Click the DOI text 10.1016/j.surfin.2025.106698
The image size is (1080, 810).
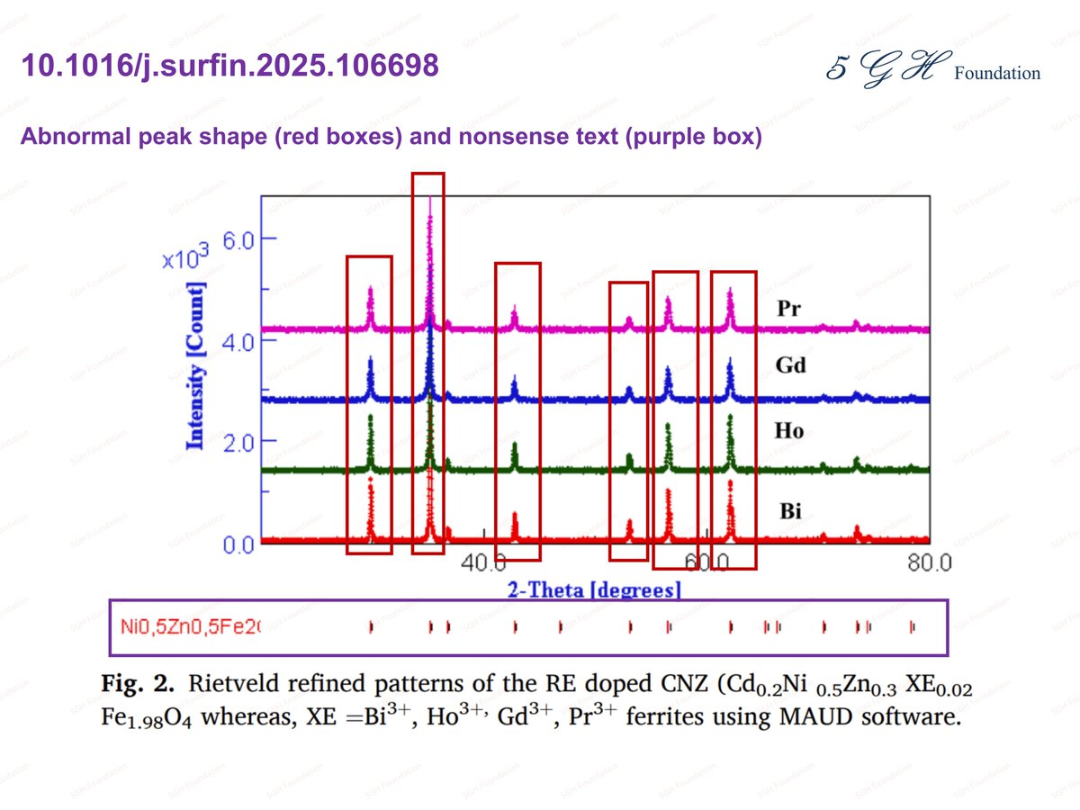(229, 66)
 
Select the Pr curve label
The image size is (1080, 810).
(789, 309)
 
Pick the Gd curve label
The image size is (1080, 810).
(790, 365)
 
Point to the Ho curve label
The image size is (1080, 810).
(789, 431)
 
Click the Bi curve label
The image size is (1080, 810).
(789, 512)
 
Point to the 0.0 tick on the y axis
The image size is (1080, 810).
(240, 544)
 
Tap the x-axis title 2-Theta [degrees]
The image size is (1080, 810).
(594, 590)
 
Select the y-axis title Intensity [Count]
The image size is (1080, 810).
(194, 365)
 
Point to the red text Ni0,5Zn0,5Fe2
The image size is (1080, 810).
(188, 625)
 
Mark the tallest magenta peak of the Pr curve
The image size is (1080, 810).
(430, 202)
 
